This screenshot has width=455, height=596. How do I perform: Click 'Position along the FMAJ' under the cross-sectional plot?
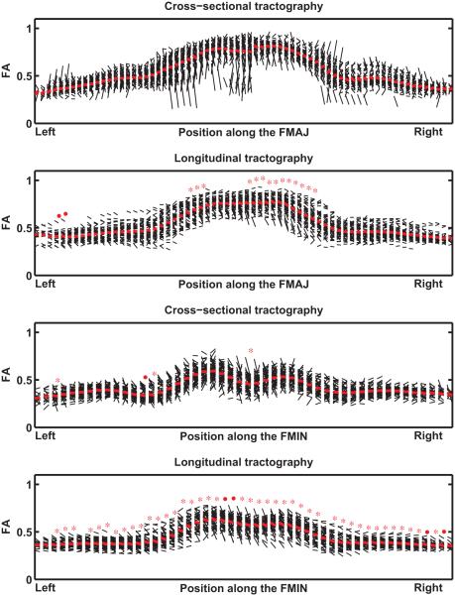[x=244, y=132]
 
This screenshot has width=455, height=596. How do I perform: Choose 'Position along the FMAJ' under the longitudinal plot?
[x=244, y=284]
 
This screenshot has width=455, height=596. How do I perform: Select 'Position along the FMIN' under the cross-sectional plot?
[x=244, y=435]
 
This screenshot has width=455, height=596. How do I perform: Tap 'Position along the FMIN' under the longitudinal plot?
[x=244, y=587]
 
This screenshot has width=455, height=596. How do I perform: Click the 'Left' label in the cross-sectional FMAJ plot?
[x=47, y=132]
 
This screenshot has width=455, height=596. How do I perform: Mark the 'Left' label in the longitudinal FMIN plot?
[x=47, y=587]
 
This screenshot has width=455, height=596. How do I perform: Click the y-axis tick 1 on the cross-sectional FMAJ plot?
[x=27, y=28]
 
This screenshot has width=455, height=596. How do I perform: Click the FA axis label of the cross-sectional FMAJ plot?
[x=8, y=75]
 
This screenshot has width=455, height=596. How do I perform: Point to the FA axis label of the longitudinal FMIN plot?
[x=8, y=531]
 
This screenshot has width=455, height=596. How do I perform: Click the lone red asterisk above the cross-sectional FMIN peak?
[x=251, y=349]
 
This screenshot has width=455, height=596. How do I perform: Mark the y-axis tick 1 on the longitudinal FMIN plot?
[x=27, y=483]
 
